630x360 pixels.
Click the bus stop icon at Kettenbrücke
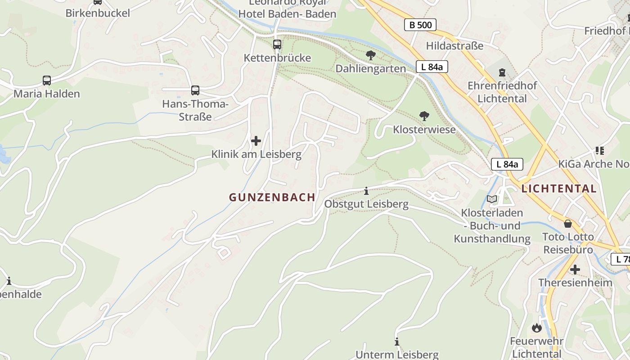277,45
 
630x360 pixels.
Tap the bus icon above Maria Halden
47,81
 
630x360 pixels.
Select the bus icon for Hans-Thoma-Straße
195,90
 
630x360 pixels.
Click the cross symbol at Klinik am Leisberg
256,141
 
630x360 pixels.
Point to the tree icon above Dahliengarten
370,55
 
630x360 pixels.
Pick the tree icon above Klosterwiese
424,116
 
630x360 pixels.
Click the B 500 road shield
420,25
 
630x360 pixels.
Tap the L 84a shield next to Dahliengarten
432,67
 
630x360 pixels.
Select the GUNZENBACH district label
272,198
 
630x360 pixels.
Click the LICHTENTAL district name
559,189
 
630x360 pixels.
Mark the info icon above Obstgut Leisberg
366,191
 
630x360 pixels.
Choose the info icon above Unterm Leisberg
397,342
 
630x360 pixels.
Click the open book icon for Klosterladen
492,199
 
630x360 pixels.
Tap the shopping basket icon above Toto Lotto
568,224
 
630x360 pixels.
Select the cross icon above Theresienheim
575,270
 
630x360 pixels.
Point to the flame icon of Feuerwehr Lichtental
536,328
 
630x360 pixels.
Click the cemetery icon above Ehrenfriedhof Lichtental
502,72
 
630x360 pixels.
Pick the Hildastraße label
454,46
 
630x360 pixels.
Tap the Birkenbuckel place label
98,13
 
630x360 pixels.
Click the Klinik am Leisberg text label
256,154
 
